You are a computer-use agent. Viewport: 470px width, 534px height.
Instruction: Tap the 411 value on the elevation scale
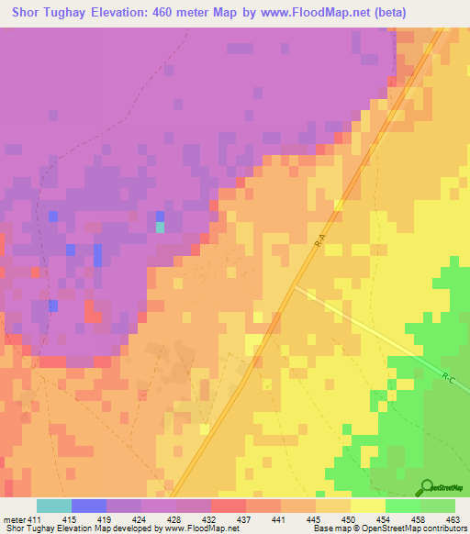(35, 519)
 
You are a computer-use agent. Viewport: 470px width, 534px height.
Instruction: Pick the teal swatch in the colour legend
(53, 506)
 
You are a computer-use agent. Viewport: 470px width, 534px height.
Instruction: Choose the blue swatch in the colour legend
(88, 506)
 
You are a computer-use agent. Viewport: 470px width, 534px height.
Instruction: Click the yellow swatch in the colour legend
(367, 506)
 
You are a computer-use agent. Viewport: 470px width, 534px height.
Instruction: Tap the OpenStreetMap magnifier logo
(425, 486)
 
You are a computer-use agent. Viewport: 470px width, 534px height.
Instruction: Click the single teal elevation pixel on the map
(160, 227)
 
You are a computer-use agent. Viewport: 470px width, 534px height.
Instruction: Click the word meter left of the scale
(15, 519)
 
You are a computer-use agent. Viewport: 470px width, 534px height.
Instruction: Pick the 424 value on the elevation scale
(139, 519)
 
